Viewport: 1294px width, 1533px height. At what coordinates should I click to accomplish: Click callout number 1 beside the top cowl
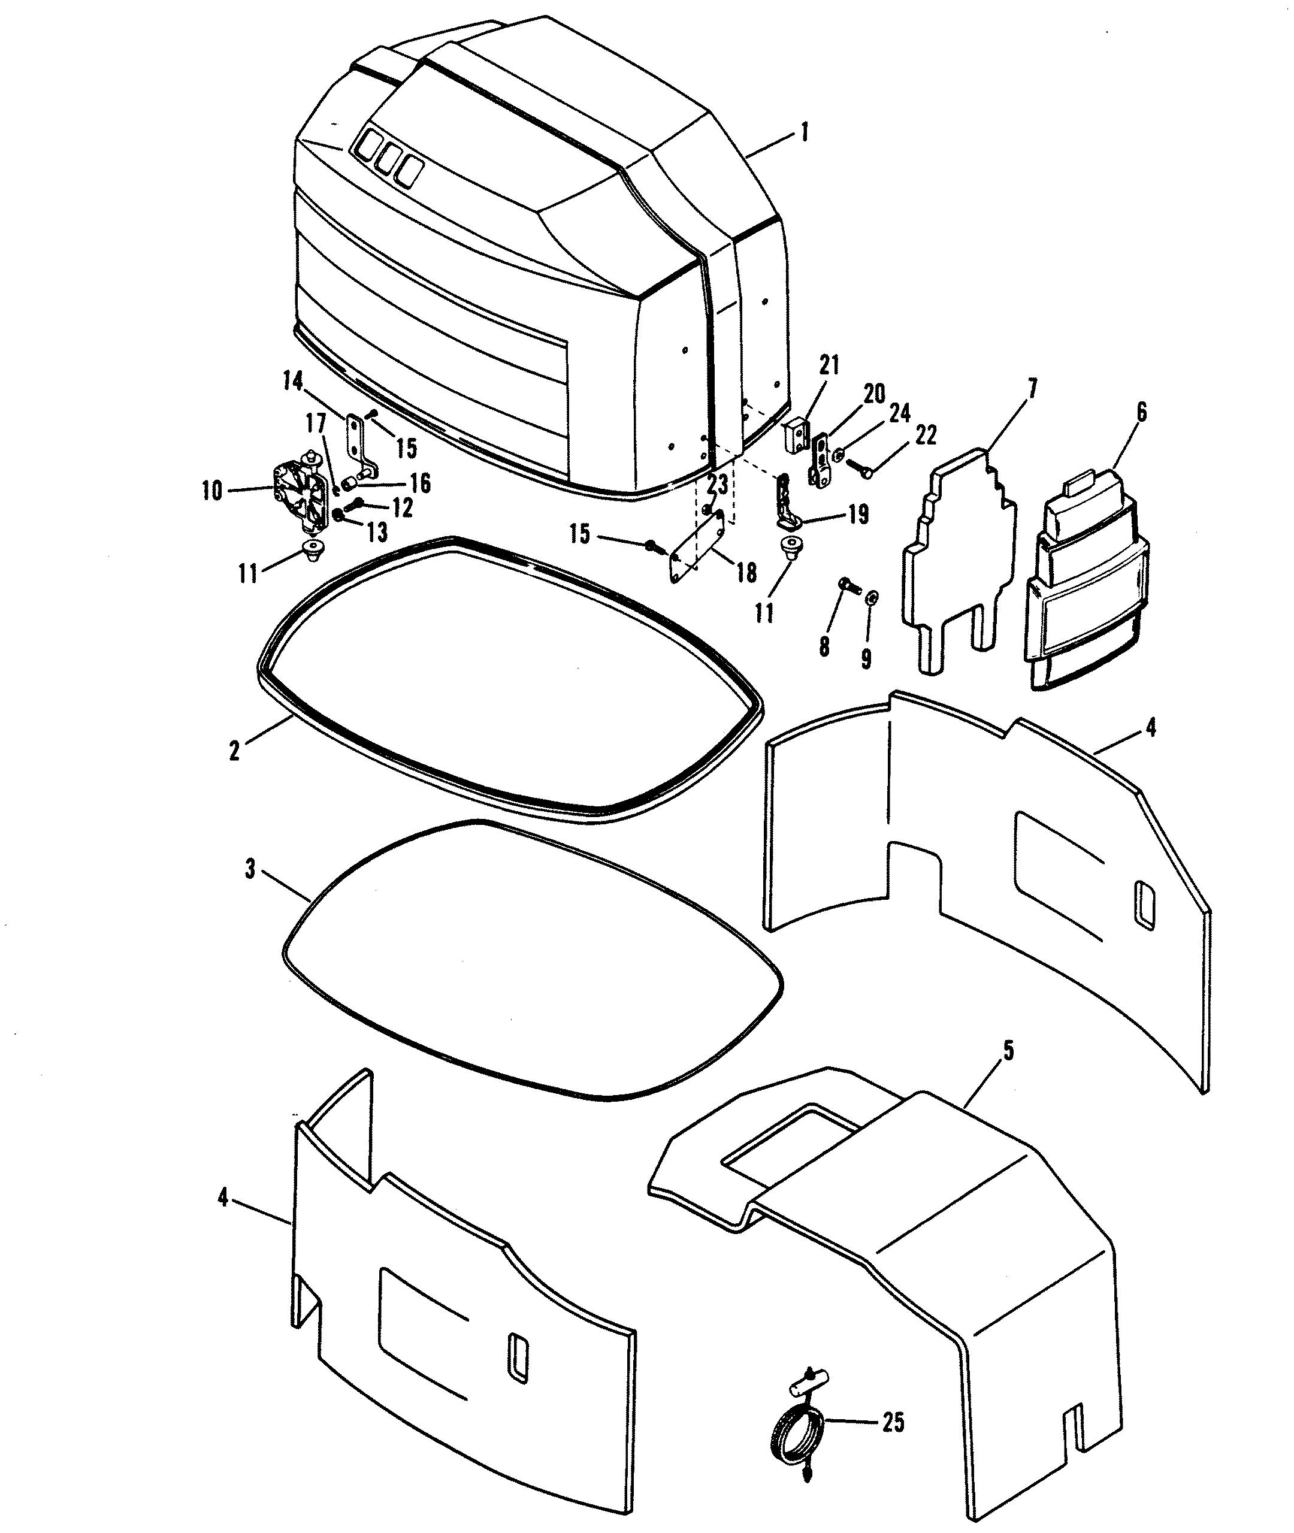(x=805, y=134)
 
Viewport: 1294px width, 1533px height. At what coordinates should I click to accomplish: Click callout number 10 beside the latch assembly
(x=212, y=491)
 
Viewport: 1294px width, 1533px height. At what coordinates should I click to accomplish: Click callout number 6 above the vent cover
(x=1141, y=413)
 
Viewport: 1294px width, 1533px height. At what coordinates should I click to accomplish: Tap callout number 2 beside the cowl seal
(x=234, y=751)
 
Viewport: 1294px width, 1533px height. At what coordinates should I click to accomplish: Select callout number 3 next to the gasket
(x=250, y=870)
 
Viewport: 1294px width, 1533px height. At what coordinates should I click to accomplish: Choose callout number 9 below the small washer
(x=866, y=660)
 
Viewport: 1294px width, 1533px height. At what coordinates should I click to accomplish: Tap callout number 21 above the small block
(x=830, y=365)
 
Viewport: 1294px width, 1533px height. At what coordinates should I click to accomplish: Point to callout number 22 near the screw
(x=926, y=435)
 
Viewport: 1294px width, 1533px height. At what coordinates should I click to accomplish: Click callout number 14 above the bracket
(x=293, y=382)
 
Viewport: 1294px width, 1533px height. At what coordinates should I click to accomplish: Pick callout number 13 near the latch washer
(x=377, y=533)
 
